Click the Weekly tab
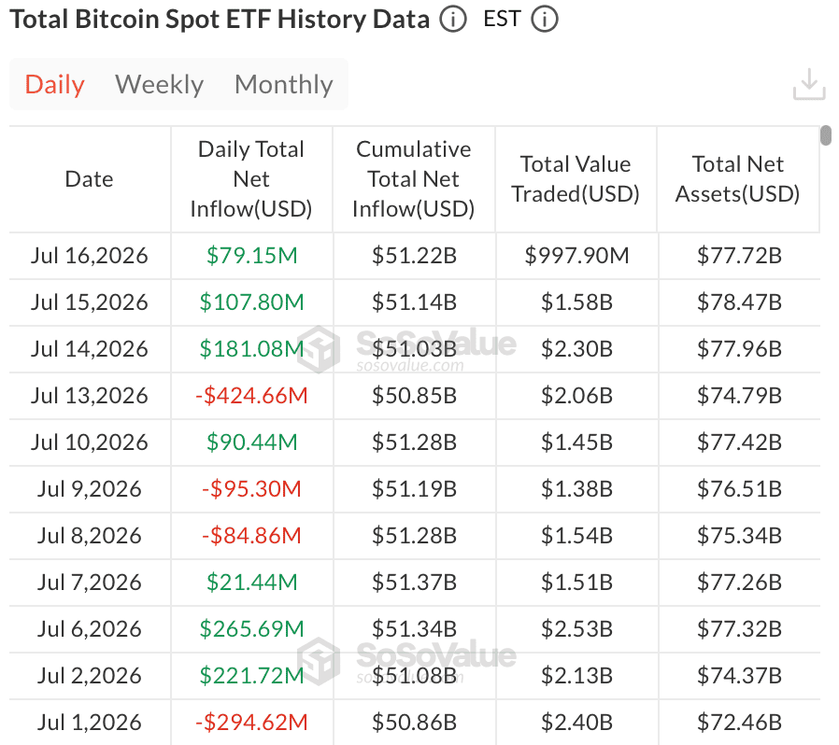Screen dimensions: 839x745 coord(159,85)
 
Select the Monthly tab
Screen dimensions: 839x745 coord(284,85)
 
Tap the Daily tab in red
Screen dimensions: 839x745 coord(54,85)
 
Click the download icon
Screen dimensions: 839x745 coord(809,84)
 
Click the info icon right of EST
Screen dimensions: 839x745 coord(545,20)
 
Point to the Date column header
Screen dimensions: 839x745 coord(89,179)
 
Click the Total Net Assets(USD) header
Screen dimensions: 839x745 coord(737,179)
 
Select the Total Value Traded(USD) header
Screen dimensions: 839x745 coord(576,179)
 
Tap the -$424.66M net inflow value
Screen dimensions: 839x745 coord(251,396)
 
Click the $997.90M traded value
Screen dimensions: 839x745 coord(576,256)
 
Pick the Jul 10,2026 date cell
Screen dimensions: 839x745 coord(89,443)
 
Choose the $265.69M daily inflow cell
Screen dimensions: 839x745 coord(251,629)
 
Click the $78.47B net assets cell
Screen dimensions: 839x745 coord(739,302)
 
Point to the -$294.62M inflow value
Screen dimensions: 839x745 coord(251,723)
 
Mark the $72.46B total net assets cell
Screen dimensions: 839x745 coord(739,723)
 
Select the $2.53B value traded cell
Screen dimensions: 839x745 coord(576,629)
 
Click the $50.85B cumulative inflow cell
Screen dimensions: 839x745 coord(414,396)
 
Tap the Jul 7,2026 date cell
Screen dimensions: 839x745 coord(89,583)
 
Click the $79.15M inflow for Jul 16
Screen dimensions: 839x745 coord(251,256)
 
